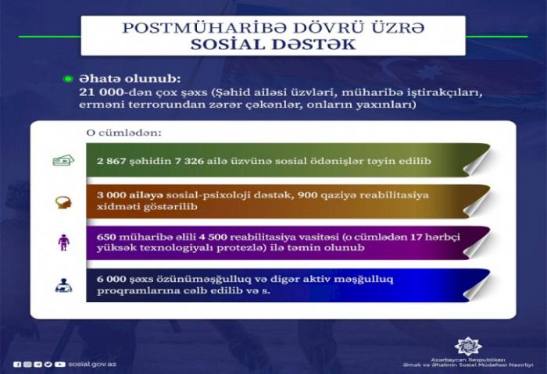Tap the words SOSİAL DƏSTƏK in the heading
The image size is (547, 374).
[x=273, y=45]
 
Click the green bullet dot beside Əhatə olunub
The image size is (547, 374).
[x=68, y=79]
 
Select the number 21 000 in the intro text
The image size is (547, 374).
[x=101, y=92]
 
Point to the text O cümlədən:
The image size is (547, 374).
[x=123, y=133]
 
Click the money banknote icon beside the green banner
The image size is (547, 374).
[x=63, y=160]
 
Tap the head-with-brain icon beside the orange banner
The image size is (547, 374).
[x=63, y=202]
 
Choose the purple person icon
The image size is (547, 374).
[x=63, y=243]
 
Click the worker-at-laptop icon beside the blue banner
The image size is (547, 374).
[x=63, y=285]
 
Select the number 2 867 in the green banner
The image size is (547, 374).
[x=111, y=161]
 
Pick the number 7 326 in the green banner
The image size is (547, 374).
[x=189, y=161]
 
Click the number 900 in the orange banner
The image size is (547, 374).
[x=308, y=194]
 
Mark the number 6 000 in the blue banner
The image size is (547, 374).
[x=111, y=280]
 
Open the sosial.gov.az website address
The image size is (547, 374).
[x=92, y=364]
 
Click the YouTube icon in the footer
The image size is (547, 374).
[x=60, y=365]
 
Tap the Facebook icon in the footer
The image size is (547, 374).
[x=17, y=365]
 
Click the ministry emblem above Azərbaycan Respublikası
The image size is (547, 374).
[x=468, y=346]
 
